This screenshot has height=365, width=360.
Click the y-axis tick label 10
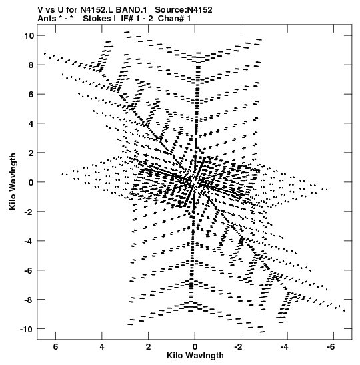(x=29, y=35)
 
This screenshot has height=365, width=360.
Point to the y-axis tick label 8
(x=31, y=65)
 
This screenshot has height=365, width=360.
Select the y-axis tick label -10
(x=26, y=329)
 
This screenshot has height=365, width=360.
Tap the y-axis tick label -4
(x=29, y=241)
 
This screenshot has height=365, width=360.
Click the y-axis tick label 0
(x=31, y=182)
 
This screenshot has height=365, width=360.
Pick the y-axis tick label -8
(x=29, y=300)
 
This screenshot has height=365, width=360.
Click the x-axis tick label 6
(x=55, y=346)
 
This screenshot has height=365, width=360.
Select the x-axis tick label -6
(x=331, y=346)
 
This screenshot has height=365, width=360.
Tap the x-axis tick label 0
(x=195, y=346)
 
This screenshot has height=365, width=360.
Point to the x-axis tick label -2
(x=239, y=346)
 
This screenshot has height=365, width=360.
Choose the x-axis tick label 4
(x=102, y=346)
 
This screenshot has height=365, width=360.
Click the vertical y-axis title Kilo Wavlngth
(x=13, y=181)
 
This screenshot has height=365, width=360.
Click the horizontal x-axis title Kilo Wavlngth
(x=195, y=356)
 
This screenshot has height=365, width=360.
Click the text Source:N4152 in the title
(x=183, y=10)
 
